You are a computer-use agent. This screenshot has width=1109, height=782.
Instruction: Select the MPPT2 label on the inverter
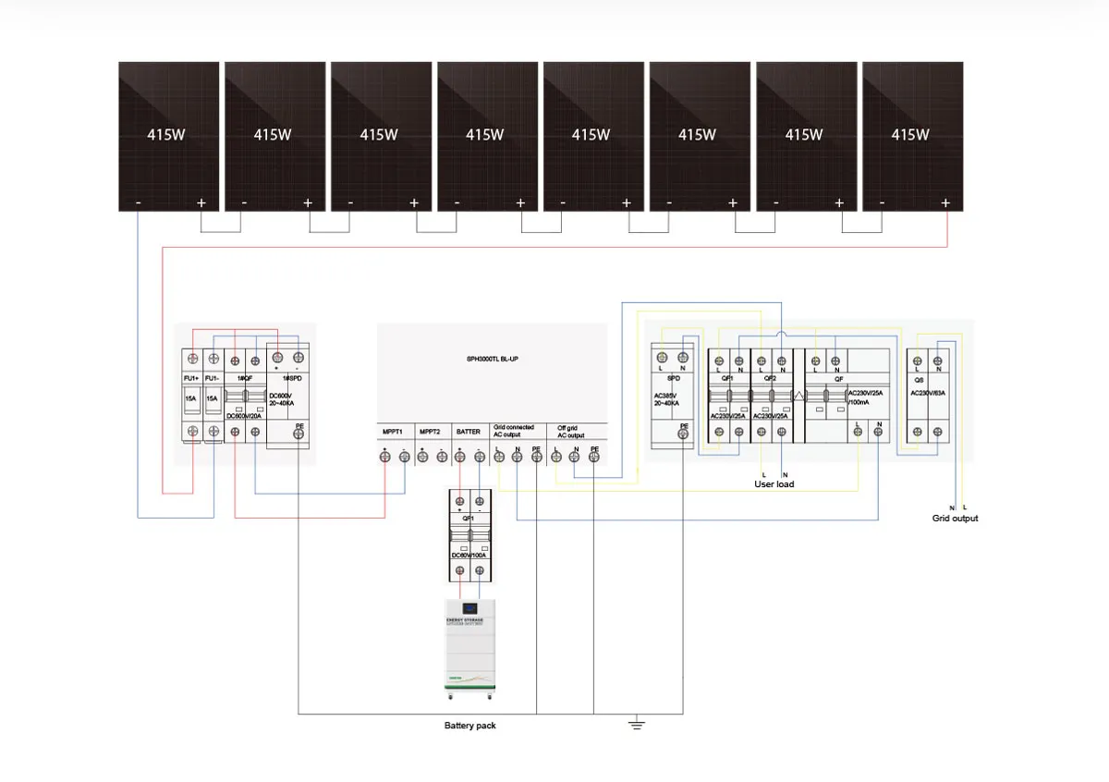[x=431, y=432]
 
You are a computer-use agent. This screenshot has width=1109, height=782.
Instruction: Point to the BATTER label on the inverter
[x=469, y=432]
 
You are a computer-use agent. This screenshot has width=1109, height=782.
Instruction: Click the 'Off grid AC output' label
[x=570, y=432]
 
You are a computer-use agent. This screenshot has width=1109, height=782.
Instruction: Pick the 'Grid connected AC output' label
[x=513, y=432]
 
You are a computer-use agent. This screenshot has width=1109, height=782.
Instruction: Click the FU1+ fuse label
[x=192, y=379]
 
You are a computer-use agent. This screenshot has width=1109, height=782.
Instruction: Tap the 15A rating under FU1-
[x=213, y=398]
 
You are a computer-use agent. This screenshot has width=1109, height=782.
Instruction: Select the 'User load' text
[x=774, y=484]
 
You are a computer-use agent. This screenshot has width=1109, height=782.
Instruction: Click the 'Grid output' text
[x=955, y=519]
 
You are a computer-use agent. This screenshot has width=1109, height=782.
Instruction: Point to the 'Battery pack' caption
[x=469, y=726]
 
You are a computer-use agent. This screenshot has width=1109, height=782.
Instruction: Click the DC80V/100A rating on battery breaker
[x=469, y=555]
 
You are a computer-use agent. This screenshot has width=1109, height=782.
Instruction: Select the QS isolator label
[x=920, y=379]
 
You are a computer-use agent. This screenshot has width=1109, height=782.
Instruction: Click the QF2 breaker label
[x=770, y=379]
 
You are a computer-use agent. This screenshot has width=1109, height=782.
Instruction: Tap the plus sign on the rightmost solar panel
[x=944, y=202]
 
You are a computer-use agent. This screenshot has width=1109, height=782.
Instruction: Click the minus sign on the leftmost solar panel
[x=138, y=202]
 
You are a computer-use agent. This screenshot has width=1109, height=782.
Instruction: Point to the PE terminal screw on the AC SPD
[x=683, y=440]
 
